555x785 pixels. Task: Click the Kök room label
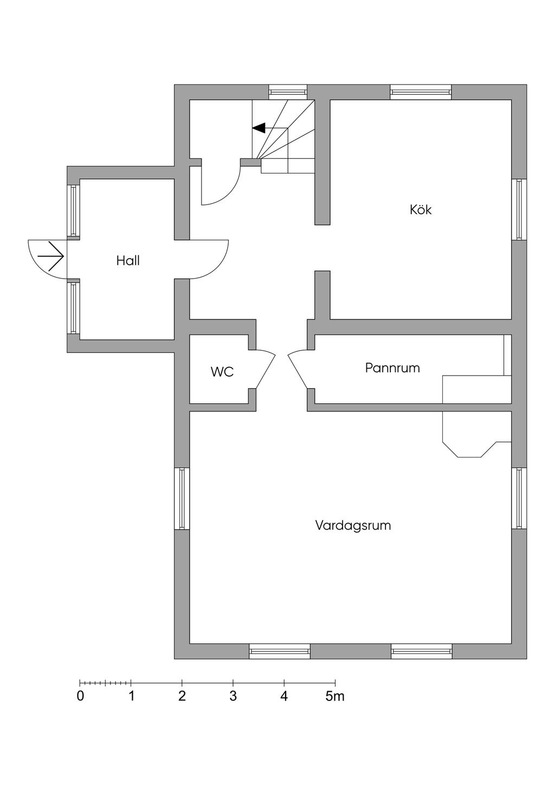(x=421, y=210)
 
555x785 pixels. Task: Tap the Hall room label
(x=128, y=261)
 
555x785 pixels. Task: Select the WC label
(x=222, y=372)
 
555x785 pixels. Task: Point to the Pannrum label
(x=392, y=368)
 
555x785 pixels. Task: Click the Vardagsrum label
(x=353, y=525)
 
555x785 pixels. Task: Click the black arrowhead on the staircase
(x=259, y=128)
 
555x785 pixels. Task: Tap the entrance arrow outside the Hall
(x=51, y=256)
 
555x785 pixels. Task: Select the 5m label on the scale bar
(x=335, y=697)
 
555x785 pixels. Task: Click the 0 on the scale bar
(x=80, y=697)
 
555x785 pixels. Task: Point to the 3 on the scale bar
(x=233, y=697)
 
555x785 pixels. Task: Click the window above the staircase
(x=288, y=92)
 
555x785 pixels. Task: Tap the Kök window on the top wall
(x=421, y=92)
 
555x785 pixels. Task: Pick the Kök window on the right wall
(x=519, y=209)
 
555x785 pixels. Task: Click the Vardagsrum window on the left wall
(x=182, y=498)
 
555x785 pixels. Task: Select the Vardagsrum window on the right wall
(x=519, y=498)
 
